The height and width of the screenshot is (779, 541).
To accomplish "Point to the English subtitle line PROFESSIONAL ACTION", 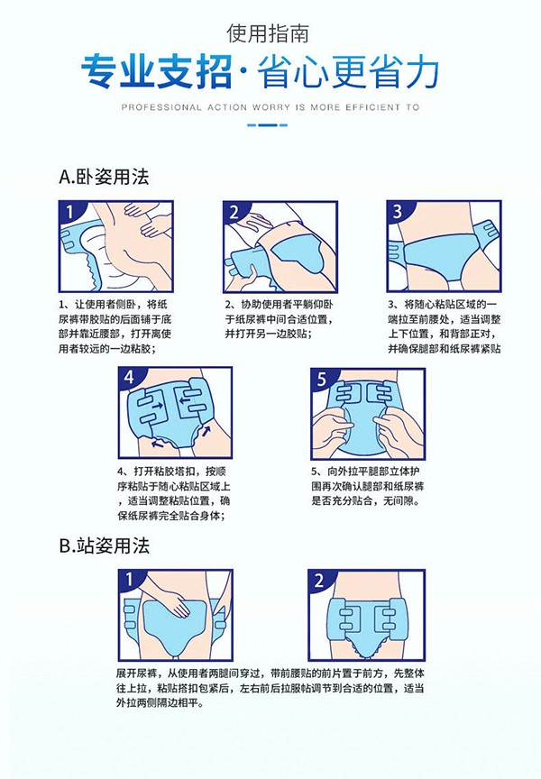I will tap(270, 105).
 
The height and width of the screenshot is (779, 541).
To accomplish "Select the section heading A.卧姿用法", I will tap(103, 177).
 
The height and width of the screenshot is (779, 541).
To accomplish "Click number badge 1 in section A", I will tap(70, 213).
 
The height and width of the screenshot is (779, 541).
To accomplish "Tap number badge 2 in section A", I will tap(235, 213).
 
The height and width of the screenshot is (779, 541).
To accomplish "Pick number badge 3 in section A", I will tap(398, 213).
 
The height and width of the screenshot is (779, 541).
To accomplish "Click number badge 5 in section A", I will tap(322, 376).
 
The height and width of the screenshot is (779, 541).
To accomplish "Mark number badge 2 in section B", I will tap(322, 578).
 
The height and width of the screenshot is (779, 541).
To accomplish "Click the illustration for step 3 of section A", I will tap(444, 244).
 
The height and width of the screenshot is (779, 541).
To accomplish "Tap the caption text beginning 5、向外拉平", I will tap(366, 484).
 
